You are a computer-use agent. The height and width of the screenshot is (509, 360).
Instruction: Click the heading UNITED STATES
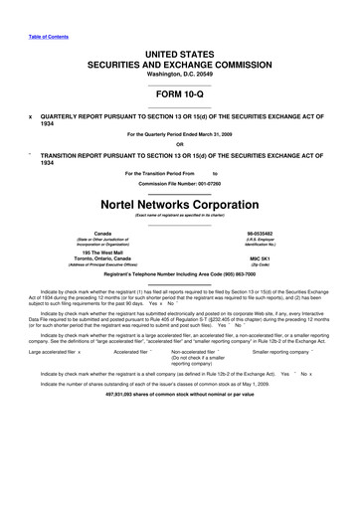pyautogui.click(x=179, y=51)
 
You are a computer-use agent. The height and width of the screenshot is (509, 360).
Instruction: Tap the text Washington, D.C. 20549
pyautogui.click(x=179, y=72)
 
